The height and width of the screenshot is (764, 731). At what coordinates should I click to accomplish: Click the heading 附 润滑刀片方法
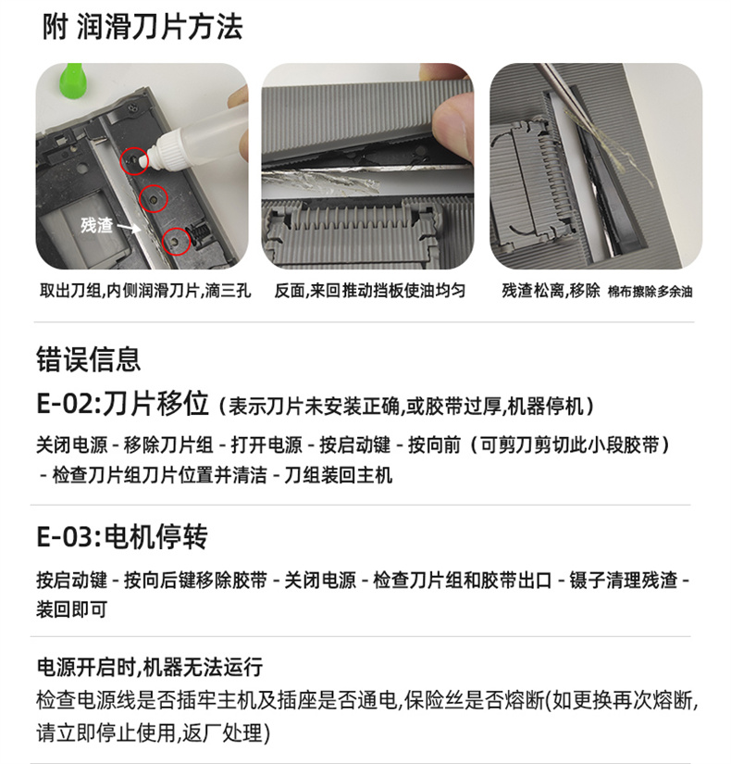[x=142, y=26]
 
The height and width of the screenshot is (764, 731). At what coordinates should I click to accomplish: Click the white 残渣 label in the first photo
[x=96, y=225]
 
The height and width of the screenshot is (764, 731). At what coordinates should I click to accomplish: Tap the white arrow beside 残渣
[x=129, y=228]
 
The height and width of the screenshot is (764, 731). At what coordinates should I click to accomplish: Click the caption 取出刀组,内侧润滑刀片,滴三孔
[x=145, y=291]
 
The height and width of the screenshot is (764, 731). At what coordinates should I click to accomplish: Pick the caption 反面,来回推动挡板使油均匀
[x=369, y=291]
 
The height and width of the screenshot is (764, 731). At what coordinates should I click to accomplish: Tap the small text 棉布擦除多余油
[x=650, y=292]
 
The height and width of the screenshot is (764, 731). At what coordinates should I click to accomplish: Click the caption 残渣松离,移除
[x=551, y=291]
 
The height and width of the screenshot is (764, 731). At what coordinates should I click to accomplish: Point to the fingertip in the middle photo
[x=452, y=128]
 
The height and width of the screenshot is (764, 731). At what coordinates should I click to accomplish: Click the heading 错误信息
[x=88, y=359]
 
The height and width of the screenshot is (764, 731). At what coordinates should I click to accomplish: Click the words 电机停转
[x=155, y=537]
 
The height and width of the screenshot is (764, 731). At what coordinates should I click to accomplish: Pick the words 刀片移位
[x=155, y=404]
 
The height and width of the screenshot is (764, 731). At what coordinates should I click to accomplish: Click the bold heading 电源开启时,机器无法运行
[x=150, y=667]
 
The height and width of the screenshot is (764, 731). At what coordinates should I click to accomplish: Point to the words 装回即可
[x=71, y=609]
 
